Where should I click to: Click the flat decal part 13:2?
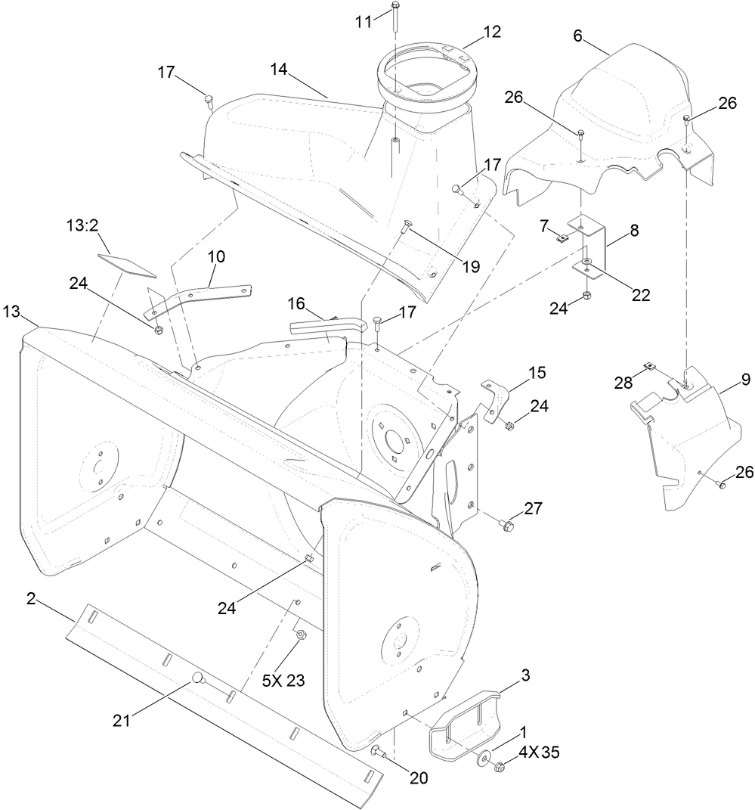(126, 264)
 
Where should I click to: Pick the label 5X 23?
(283, 679)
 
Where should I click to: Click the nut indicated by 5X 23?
(299, 635)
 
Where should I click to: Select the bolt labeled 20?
(378, 750)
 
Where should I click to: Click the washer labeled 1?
(481, 756)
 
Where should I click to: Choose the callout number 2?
(31, 598)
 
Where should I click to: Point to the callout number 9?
(745, 380)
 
